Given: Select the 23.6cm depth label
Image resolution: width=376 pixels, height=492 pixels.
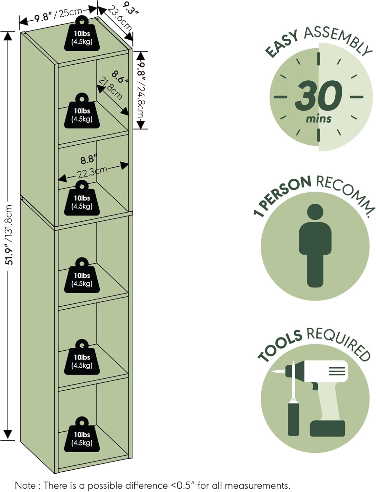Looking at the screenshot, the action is pyautogui.click(x=120, y=19).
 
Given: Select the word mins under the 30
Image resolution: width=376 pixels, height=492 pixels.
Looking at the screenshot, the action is pyautogui.click(x=318, y=119).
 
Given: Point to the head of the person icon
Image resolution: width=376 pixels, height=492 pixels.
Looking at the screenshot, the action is pyautogui.click(x=315, y=212).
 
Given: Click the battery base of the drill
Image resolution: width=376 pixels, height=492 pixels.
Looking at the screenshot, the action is pyautogui.click(x=327, y=428).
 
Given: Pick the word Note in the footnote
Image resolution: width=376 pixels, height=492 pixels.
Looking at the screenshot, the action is pyautogui.click(x=25, y=485).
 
